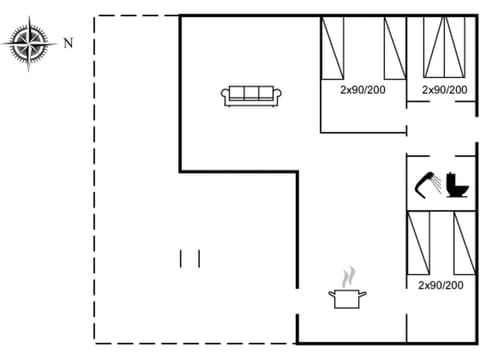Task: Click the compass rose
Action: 28,42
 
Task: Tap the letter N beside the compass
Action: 68,43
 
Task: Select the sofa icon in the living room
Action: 252,95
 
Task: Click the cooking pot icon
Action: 347,297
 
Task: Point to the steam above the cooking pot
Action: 347,275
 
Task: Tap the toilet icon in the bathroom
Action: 459,186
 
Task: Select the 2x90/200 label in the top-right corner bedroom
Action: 444,90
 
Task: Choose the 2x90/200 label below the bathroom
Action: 440,285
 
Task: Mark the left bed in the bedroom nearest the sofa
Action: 332,46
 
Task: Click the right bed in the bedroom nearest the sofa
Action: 395,46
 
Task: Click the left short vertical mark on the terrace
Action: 181,258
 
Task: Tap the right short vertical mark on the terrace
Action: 199,258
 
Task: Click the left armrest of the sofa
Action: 226,96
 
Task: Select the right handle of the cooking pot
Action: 363,294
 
